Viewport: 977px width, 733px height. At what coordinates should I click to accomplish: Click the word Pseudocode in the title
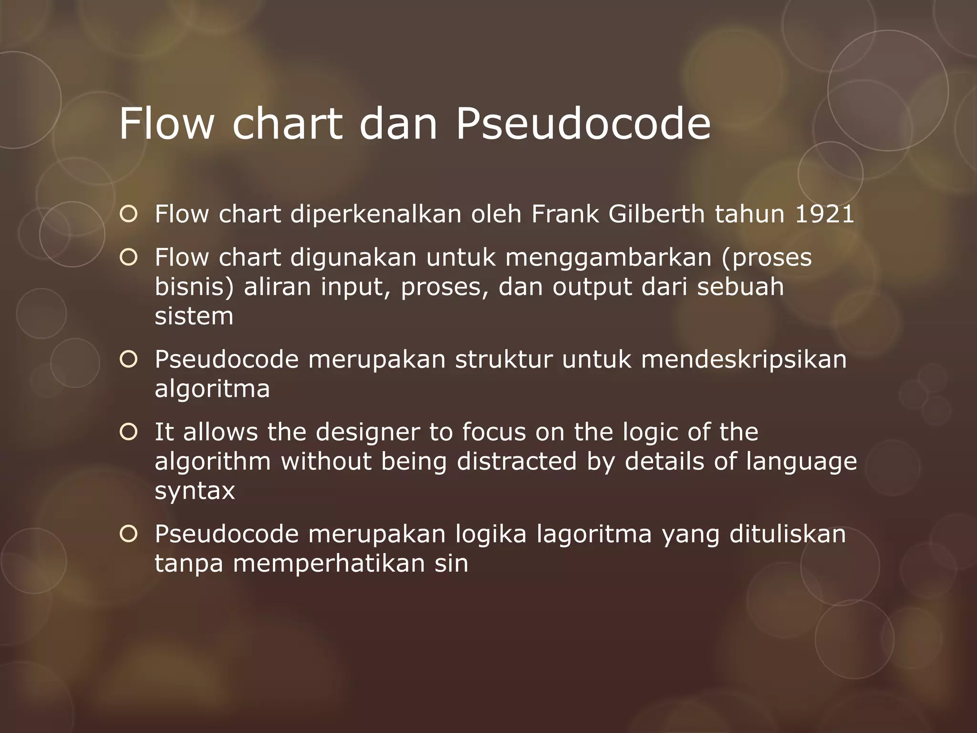pyautogui.click(x=583, y=124)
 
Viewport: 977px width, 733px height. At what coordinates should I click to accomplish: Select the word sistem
pyautogui.click(x=194, y=316)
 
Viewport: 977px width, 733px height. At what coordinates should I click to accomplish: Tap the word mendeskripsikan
pyautogui.click(x=744, y=359)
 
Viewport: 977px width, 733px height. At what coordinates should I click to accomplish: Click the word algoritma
pyautogui.click(x=212, y=389)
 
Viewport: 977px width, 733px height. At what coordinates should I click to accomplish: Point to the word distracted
pyautogui.click(x=517, y=461)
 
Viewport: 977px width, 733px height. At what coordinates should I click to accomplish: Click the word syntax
pyautogui.click(x=195, y=491)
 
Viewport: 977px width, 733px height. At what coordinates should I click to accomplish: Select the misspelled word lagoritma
pyautogui.click(x=594, y=534)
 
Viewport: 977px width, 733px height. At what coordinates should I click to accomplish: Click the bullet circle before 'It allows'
pyautogui.click(x=129, y=432)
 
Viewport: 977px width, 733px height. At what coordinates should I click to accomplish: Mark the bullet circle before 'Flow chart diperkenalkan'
pyautogui.click(x=129, y=215)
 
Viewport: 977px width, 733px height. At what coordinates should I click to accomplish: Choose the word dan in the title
pyautogui.click(x=398, y=124)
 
